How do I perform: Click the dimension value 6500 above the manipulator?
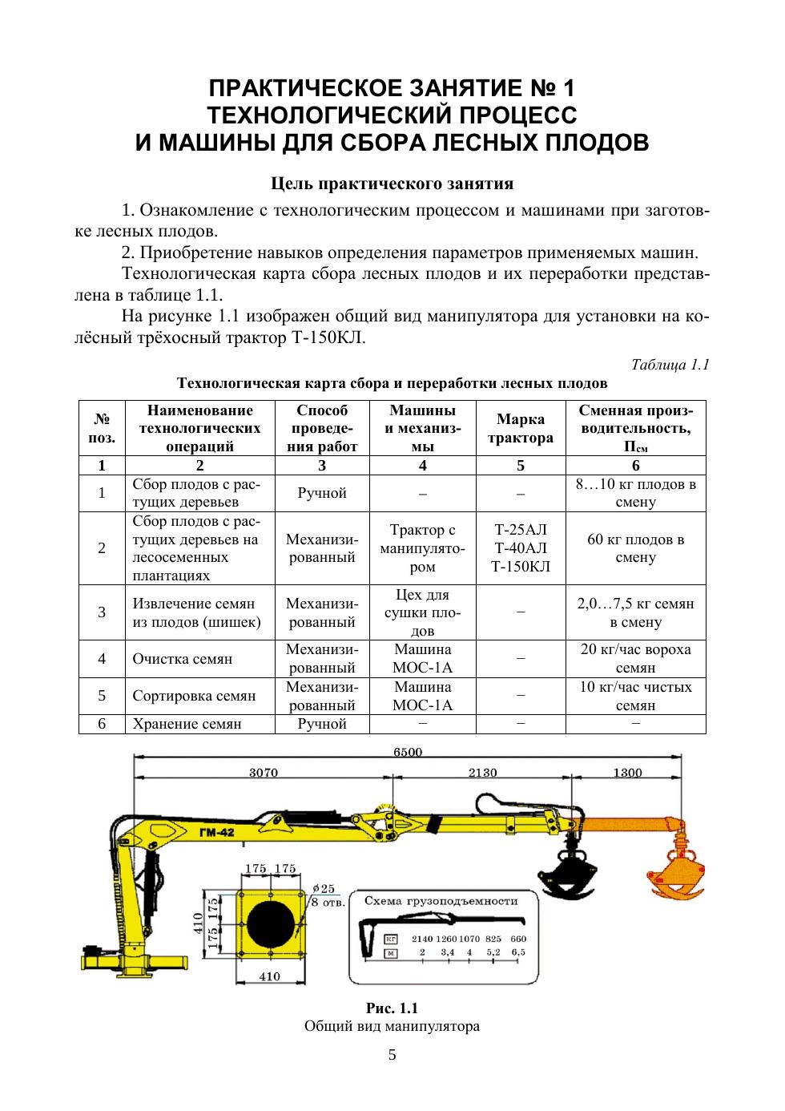tap(408, 752)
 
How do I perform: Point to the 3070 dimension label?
tap(264, 773)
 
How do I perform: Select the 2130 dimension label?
tap(483, 773)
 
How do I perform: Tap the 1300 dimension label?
tap(627, 773)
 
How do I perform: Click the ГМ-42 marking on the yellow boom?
tap(216, 834)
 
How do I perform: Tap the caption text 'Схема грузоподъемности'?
tap(441, 900)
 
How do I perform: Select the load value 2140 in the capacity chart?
tap(422, 938)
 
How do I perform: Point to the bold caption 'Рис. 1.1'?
tap(392, 1008)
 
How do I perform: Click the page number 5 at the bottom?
tap(392, 1055)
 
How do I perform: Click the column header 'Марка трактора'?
tap(521, 428)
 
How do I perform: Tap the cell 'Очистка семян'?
tap(183, 659)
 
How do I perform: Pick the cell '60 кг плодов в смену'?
tap(636, 548)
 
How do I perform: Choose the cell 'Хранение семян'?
tap(187, 724)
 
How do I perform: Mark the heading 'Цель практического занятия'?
tap(392, 184)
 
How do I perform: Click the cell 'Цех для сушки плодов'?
tap(423, 612)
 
